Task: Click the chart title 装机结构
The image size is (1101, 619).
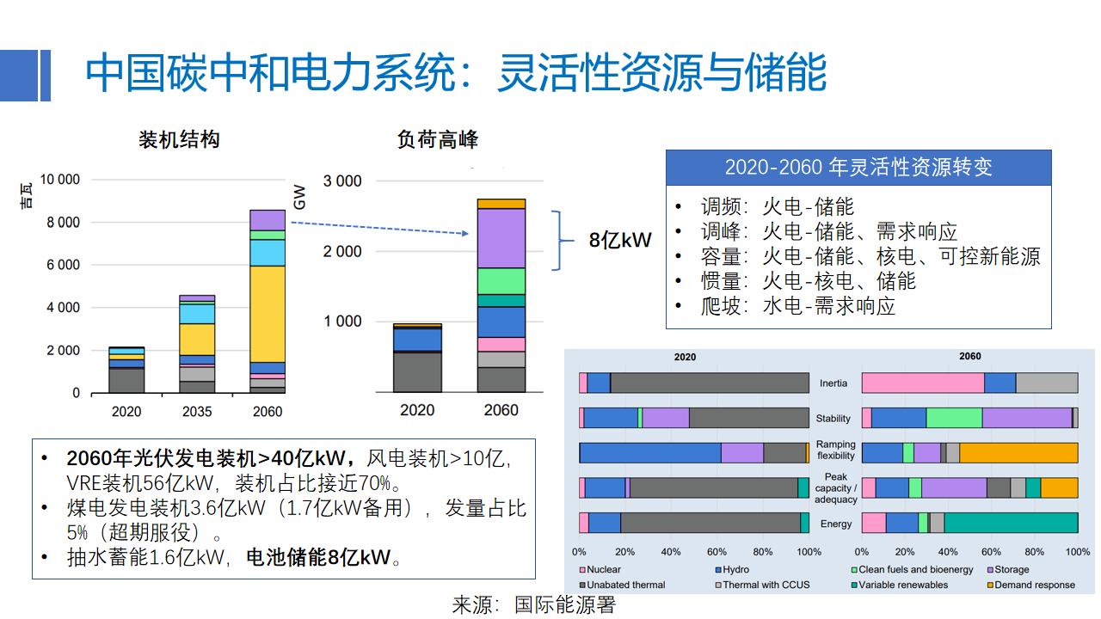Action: pos(179,139)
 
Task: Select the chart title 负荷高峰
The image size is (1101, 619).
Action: pos(437,139)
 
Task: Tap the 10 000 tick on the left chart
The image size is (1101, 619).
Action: pos(60,180)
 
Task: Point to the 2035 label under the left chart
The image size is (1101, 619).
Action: pos(197,412)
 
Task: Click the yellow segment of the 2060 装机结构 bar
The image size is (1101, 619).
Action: pos(268,314)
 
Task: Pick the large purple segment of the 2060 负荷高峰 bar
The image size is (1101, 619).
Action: pos(501,238)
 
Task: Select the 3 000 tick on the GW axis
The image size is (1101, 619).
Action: pos(341,181)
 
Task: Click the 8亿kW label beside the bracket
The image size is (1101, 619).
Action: pos(619,241)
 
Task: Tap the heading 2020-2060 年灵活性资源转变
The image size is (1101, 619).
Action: pos(858,167)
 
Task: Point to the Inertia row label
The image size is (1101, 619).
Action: pos(834,383)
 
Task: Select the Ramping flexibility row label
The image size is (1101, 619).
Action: pos(835,450)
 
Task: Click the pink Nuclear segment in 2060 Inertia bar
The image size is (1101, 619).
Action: pos(922,383)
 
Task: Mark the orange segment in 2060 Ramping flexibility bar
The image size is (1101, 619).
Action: pos(1018,453)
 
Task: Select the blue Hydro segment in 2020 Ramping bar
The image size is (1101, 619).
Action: pos(649,453)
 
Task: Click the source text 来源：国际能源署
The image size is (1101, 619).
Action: pos(534,604)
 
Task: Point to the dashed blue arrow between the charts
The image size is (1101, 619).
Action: pos(378,228)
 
